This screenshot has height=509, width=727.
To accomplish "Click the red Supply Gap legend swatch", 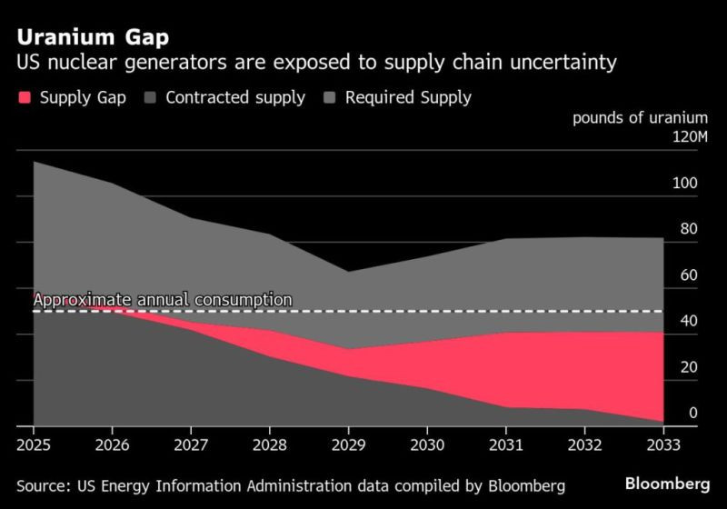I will tap(24, 97).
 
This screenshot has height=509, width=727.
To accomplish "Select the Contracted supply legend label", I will tap(235, 97).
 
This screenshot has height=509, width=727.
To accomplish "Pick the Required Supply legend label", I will tap(409, 97).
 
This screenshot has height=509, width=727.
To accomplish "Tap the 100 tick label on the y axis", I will tap(684, 184).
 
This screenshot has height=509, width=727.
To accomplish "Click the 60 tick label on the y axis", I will tap(688, 275).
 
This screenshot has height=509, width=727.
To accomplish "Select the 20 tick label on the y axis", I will tap(688, 367).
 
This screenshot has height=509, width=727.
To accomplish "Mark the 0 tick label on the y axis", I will tap(692, 414).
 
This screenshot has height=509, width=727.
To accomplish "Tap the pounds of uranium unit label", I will tap(639, 117).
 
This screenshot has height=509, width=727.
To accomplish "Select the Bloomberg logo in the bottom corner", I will tap(668, 483).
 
